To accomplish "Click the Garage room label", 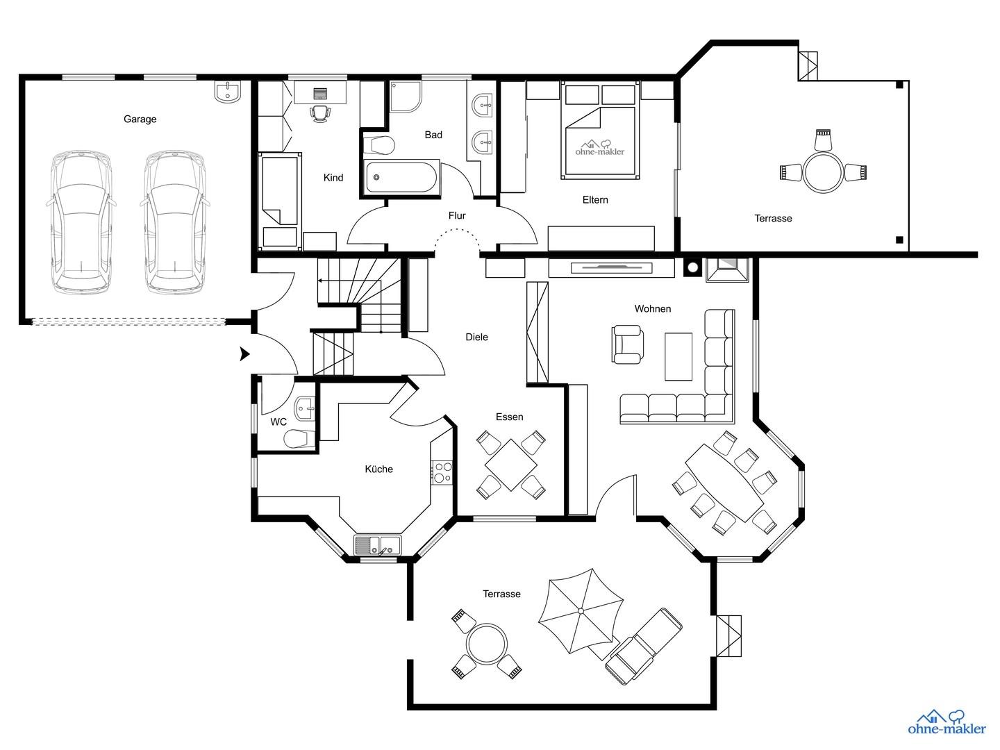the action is (x=140, y=119).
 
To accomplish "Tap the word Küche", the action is (x=378, y=469).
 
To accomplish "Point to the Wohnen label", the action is (x=652, y=309).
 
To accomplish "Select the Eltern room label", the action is (x=595, y=200).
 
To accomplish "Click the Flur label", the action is (x=457, y=215).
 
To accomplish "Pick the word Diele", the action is (x=476, y=337).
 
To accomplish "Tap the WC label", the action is (x=278, y=422).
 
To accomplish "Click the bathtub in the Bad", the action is (x=401, y=177).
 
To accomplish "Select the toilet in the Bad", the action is (x=379, y=145).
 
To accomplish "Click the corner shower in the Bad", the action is (x=406, y=97).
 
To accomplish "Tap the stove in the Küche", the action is (x=442, y=472).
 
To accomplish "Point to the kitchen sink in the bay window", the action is (x=378, y=544).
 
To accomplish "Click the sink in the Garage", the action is (x=227, y=91).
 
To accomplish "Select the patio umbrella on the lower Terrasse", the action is (x=581, y=610).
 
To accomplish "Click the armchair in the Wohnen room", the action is (x=627, y=344).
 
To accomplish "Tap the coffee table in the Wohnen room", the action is (x=678, y=356).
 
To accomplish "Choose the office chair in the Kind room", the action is (x=320, y=113).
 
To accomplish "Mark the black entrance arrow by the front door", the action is (x=245, y=354).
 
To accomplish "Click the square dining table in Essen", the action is (x=510, y=465).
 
